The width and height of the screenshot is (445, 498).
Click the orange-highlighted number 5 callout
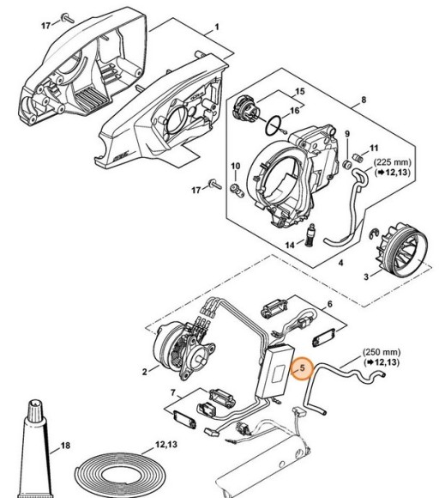pos(302,368)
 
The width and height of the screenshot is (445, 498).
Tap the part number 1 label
pos(217,27)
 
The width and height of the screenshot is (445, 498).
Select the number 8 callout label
pos(364,100)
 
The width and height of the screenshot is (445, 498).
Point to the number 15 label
pos(300,92)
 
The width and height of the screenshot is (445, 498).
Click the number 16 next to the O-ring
pos(295,110)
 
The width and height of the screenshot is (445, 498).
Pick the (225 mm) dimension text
pos(393,162)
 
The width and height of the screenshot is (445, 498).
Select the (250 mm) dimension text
pos(382,352)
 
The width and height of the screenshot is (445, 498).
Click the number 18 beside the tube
pos(65,446)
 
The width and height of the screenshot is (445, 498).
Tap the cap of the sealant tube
pos(35,409)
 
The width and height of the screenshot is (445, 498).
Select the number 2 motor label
pos(145,371)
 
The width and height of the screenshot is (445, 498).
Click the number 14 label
pos(290,246)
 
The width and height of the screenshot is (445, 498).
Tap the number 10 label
pos(235,166)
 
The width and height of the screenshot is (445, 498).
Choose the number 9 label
pos(347,134)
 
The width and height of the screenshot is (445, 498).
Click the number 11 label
pos(375,148)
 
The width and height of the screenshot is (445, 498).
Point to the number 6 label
pos(330,304)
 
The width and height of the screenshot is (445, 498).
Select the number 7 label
pos(173,393)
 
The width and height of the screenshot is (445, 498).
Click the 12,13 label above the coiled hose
pos(165,444)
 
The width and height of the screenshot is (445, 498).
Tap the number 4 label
pos(341,263)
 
